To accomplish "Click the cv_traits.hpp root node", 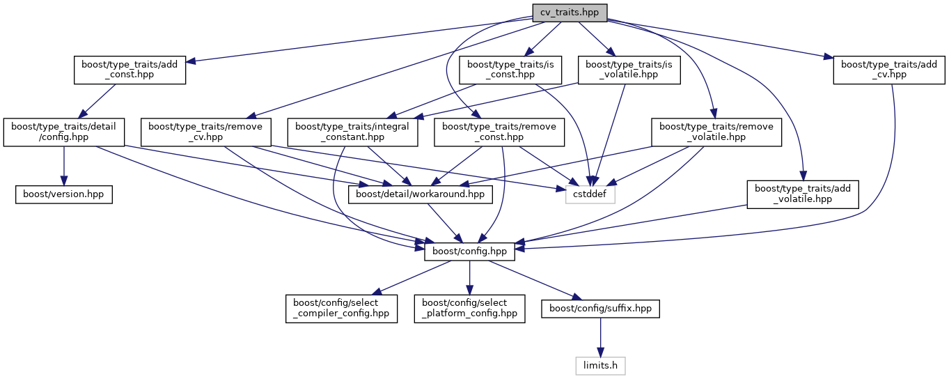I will (570, 13).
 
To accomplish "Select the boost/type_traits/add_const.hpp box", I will (130, 70).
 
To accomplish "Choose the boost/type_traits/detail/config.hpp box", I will (64, 132).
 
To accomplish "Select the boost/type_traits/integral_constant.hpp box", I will (353, 132).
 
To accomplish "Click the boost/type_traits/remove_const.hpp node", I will (499, 132).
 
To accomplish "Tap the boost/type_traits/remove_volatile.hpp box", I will (716, 132).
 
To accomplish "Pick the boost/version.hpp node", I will (64, 194).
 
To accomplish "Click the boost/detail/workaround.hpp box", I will (425, 194).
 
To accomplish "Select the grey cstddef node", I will (590, 194).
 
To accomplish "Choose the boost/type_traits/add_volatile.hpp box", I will (803, 194).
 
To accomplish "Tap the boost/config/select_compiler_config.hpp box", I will (341, 308).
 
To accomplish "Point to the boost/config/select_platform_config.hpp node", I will (470, 308).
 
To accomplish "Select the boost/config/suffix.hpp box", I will (600, 308).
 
